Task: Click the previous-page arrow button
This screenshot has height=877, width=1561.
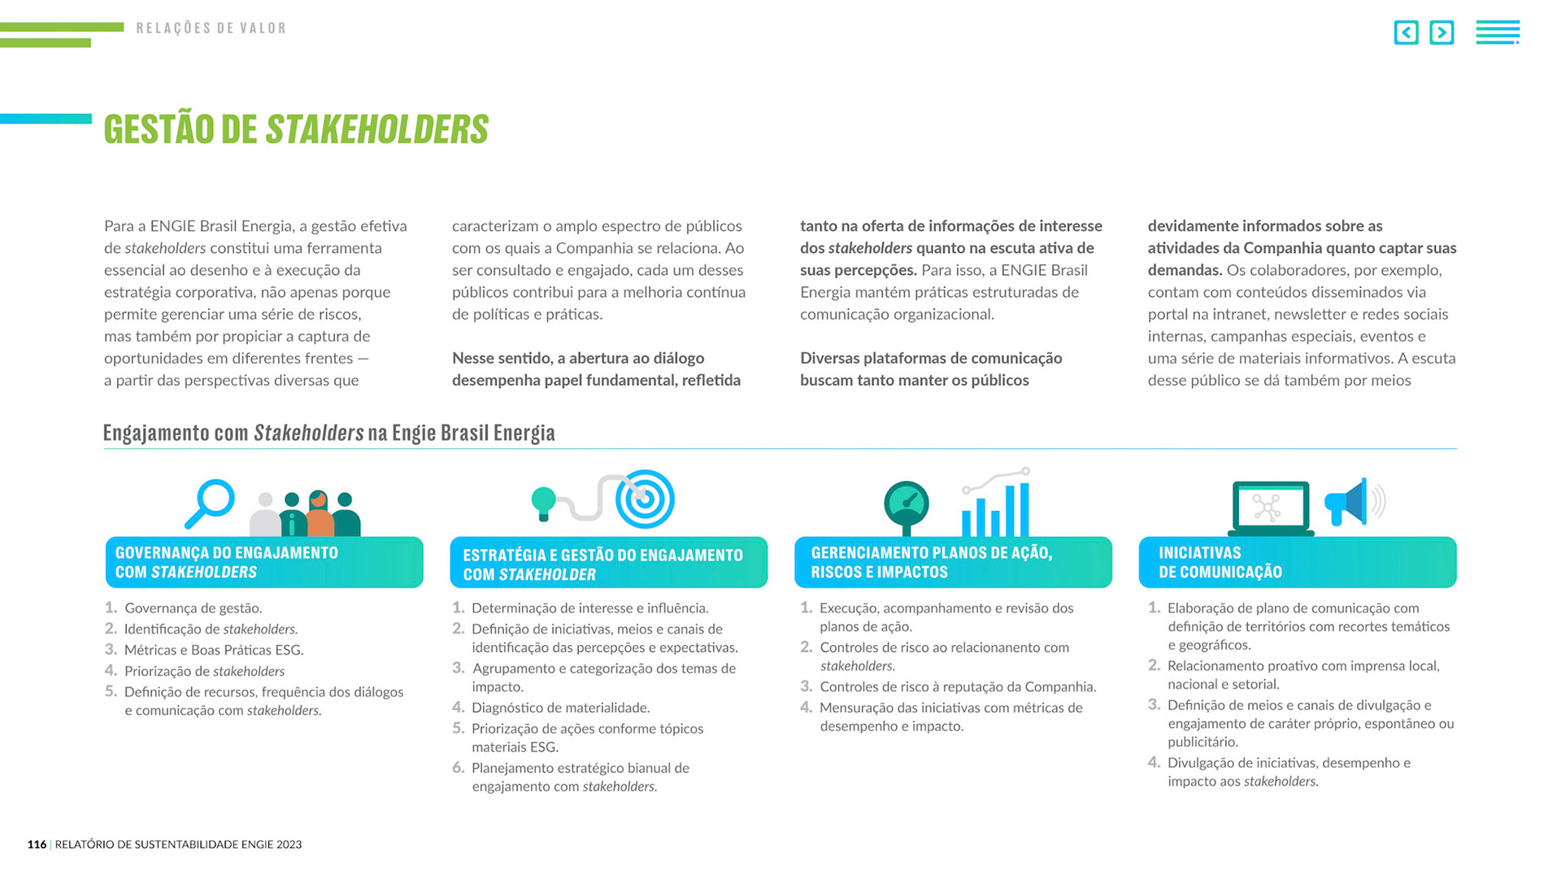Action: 1406,33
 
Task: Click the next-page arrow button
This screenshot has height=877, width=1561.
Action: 1441,33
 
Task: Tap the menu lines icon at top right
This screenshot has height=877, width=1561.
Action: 1498,33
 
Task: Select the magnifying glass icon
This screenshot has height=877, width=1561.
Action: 212,500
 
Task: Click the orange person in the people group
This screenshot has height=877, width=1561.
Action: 320,515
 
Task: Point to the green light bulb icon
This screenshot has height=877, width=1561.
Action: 543,502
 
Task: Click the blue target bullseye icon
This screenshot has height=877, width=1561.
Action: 645,499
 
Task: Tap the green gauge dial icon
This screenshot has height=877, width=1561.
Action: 907,504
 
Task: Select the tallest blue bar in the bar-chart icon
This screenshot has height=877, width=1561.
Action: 1024,509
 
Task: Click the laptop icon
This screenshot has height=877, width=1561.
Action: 1270,508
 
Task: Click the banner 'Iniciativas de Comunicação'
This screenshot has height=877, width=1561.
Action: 1297,562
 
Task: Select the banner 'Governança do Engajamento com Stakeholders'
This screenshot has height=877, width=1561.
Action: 264,562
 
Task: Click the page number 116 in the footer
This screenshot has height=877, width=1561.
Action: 37,844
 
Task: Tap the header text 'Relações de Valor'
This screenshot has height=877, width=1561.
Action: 211,28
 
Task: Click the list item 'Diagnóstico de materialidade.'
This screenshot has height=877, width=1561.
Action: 560,708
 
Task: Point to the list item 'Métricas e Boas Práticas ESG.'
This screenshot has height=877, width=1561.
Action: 213,650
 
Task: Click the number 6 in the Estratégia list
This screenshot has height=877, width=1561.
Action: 458,768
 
